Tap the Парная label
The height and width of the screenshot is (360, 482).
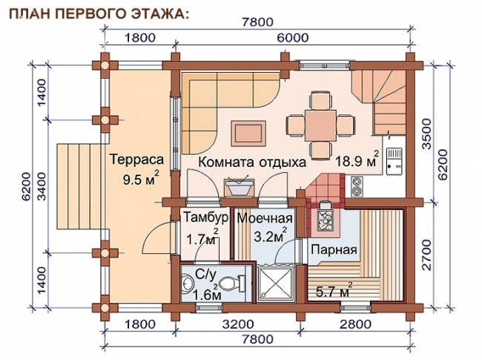(x=334, y=249)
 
